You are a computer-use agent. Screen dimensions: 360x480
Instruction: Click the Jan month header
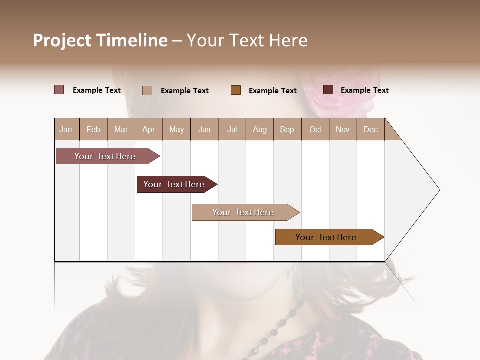click(x=66, y=129)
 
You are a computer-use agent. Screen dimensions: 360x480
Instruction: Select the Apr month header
click(x=148, y=129)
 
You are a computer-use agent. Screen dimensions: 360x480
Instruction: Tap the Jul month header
click(x=232, y=129)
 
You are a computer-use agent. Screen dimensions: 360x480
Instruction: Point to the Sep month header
click(x=287, y=129)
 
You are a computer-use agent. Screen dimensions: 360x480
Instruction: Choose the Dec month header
click(x=370, y=129)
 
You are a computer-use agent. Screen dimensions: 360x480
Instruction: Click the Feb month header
click(x=93, y=129)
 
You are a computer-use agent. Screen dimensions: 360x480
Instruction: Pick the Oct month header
click(x=315, y=129)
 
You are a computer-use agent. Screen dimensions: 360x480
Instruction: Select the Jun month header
click(x=204, y=129)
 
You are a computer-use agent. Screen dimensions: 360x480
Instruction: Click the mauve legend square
click(x=59, y=90)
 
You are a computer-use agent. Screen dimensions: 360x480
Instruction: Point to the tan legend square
click(x=147, y=90)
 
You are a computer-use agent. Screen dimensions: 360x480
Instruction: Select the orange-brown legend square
click(x=236, y=90)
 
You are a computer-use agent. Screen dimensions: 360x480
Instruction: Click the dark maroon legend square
click(x=328, y=90)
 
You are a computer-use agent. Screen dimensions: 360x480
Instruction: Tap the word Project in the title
click(x=62, y=40)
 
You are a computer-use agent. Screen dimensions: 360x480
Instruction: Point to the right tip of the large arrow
click(x=439, y=190)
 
